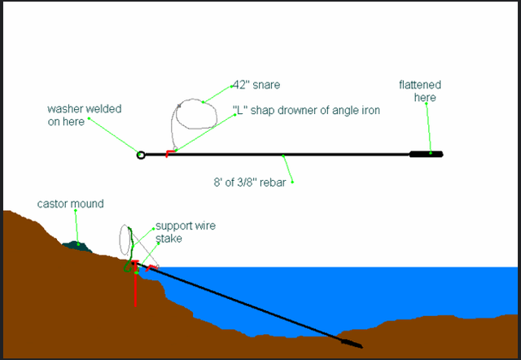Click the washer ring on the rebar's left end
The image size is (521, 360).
(x=141, y=154)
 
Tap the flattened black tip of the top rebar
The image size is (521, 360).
(x=426, y=153)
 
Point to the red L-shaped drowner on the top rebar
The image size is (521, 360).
(x=169, y=152)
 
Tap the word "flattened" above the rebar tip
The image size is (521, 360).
(x=418, y=85)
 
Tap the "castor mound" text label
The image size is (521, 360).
(x=71, y=203)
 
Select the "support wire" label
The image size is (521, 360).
(x=186, y=226)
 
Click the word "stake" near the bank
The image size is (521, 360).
(x=169, y=239)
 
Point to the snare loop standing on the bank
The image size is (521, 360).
(x=125, y=239)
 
